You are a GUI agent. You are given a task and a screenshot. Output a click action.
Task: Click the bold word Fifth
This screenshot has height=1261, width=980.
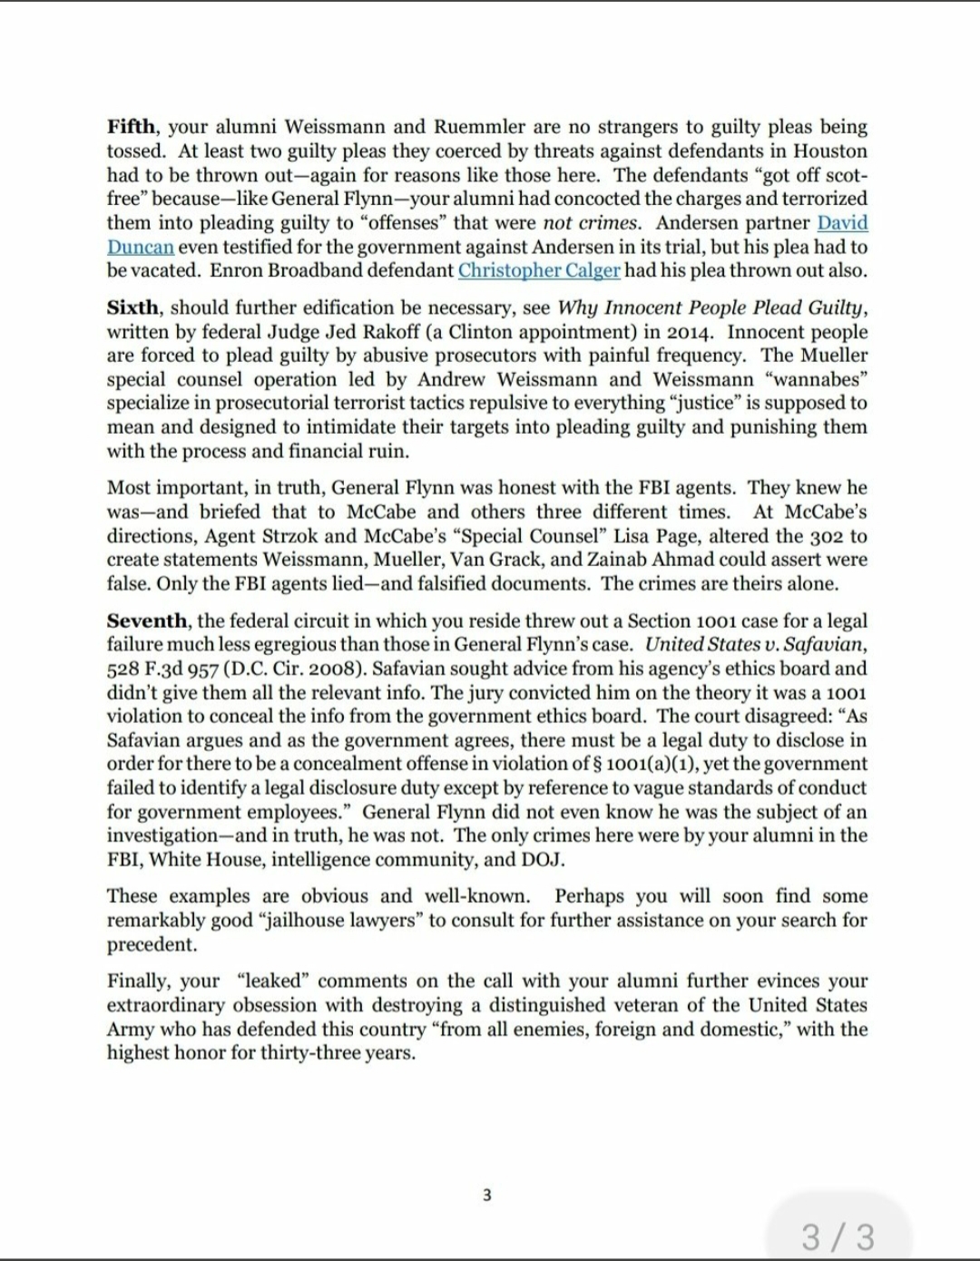click(131, 127)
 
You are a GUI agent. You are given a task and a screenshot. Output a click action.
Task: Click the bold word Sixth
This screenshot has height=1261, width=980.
click(134, 308)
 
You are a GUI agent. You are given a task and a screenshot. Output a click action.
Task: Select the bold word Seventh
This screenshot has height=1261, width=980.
click(147, 621)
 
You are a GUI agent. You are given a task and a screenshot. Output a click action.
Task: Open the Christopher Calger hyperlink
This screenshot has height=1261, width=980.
click(539, 270)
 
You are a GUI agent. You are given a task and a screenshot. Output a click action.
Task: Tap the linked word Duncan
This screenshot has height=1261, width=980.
click(140, 247)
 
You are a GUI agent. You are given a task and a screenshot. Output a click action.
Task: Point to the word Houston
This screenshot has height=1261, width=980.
click(830, 152)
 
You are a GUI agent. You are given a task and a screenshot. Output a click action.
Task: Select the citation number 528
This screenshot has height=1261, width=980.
click(122, 670)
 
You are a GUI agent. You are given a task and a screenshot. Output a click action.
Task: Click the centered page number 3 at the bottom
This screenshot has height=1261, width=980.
click(486, 1195)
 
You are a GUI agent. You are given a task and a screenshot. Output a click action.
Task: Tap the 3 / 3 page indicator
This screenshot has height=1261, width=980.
click(838, 1237)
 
